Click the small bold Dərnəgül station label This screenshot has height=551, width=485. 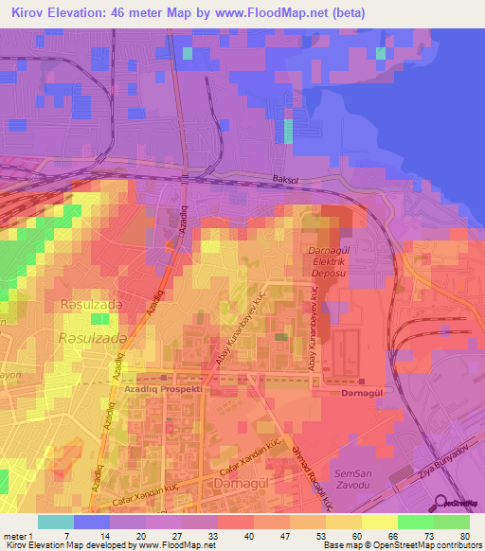[362, 390]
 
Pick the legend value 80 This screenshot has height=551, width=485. [464, 536]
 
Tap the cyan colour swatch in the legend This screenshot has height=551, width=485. [56, 522]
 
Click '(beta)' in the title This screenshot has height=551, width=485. [345, 12]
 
